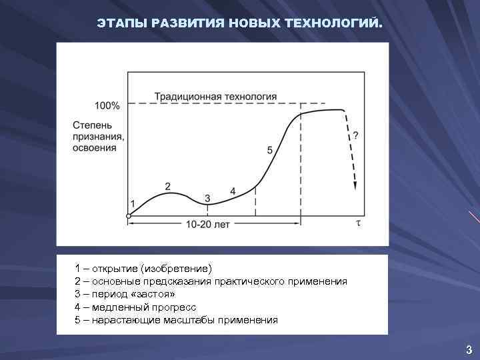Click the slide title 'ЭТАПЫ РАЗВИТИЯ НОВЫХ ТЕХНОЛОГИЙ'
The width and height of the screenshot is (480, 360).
coord(240,24)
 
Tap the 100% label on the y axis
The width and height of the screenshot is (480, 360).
coord(107,105)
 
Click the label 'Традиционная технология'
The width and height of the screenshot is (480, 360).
coord(215,97)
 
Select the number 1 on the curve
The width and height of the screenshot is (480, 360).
coord(132,203)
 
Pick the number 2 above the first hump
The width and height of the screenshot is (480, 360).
coord(167,186)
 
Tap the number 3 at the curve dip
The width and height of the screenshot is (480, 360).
coord(207,198)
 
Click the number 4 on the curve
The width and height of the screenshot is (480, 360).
coord(233,191)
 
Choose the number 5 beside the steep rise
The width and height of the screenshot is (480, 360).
coord(269,151)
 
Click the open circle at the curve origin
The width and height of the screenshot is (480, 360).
coord(129,215)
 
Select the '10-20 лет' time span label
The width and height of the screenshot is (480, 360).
coord(207,225)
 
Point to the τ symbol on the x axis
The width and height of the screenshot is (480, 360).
coord(357,223)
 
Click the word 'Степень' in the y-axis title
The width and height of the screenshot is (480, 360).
coord(93,125)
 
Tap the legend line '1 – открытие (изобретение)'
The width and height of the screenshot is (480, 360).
coord(143,269)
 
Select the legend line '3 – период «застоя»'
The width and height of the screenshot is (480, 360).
coord(125,294)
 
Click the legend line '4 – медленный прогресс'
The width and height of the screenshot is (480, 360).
coord(135,307)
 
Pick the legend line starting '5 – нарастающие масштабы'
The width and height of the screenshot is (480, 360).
coord(176,320)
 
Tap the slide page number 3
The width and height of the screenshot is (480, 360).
coord(469,349)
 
